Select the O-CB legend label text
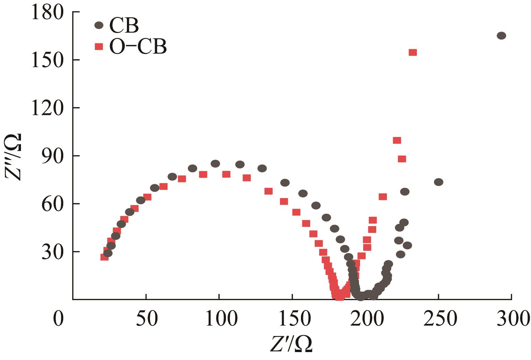(x=138, y=46)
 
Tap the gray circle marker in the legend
(x=99, y=25)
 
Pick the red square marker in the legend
(x=99, y=46)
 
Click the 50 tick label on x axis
(x=146, y=319)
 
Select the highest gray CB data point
(x=501, y=36)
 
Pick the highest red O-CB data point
(x=413, y=52)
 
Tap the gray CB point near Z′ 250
(x=438, y=182)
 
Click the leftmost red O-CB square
(x=104, y=257)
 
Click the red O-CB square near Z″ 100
(x=397, y=140)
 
